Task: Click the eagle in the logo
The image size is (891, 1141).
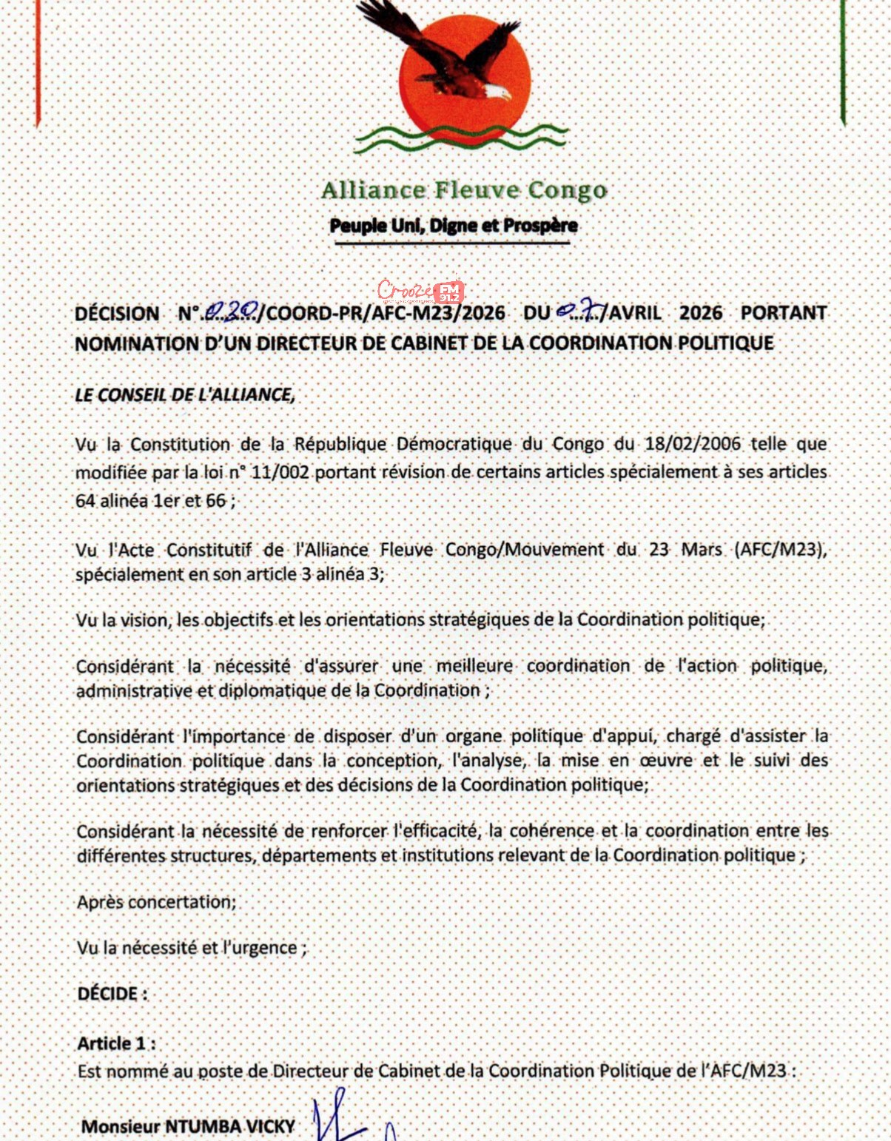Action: [444, 55]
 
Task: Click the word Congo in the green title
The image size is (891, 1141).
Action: [567, 191]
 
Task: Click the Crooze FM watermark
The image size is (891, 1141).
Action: [420, 291]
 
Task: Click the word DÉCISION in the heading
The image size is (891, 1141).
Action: [117, 314]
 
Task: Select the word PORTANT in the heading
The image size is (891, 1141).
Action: [783, 313]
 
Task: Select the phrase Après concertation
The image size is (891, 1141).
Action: [157, 902]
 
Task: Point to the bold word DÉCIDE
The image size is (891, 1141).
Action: [108, 994]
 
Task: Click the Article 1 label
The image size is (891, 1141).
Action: [116, 1043]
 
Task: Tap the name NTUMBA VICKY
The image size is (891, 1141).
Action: [229, 1126]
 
